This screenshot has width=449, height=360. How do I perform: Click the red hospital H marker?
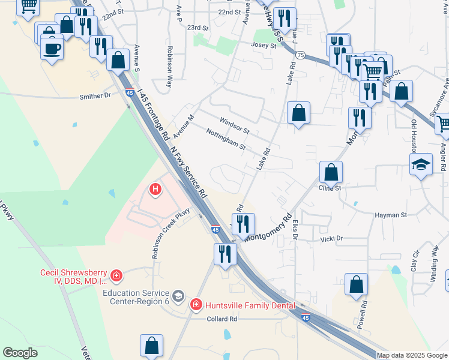[x=155, y=190]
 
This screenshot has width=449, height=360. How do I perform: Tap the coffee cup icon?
[x=52, y=48]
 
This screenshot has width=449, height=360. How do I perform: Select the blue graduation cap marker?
[x=421, y=164]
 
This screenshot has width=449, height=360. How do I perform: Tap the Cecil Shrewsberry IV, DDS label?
[x=73, y=276]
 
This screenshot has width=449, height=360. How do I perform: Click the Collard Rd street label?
[x=222, y=319]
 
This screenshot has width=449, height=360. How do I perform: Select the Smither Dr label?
[x=95, y=95]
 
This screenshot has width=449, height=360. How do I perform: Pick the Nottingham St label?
[x=226, y=139]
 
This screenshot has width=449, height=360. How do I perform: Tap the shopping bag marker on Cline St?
[x=331, y=173]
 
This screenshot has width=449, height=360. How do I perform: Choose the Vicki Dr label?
[x=331, y=238]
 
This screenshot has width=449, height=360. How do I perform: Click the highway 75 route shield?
[x=301, y=55]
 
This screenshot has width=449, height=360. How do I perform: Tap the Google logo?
[x=20, y=353]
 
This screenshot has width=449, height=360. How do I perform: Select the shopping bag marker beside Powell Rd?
[x=357, y=285]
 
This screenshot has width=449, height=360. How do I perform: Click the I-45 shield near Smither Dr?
[x=130, y=92]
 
